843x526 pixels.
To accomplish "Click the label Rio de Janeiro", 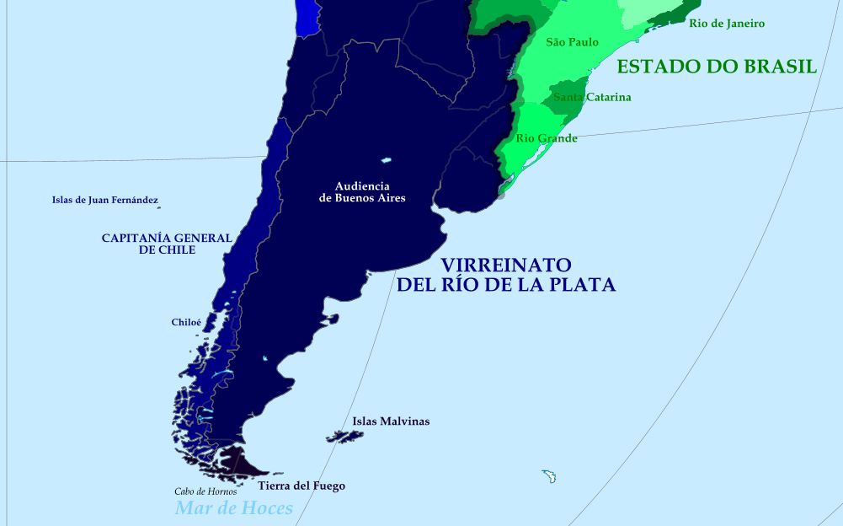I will click(x=727, y=24).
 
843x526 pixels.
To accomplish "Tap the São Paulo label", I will click(x=573, y=42).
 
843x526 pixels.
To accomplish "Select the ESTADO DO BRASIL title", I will click(x=717, y=67).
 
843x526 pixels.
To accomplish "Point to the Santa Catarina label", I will click(x=592, y=97).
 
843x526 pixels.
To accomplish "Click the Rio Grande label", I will click(x=547, y=138).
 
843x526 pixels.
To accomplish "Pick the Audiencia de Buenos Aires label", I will click(x=362, y=192).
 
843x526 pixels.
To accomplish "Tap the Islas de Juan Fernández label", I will click(x=104, y=200).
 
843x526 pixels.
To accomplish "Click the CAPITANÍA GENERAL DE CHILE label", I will click(x=167, y=244).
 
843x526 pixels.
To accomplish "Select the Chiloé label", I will click(x=186, y=322).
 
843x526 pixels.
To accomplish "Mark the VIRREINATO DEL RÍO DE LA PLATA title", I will click(x=506, y=275).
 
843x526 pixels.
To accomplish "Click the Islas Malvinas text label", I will click(x=391, y=421).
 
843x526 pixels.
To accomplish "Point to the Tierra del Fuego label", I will click(x=301, y=486).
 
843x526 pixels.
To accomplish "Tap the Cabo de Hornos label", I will click(x=205, y=491).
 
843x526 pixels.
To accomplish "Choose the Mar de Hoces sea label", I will click(x=233, y=507).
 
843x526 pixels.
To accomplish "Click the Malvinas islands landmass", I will click(x=345, y=437).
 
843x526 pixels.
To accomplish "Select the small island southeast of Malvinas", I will click(x=550, y=476).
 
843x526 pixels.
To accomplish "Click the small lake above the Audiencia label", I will click(x=387, y=159).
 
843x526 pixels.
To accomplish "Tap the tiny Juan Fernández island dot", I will click(x=158, y=206).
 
